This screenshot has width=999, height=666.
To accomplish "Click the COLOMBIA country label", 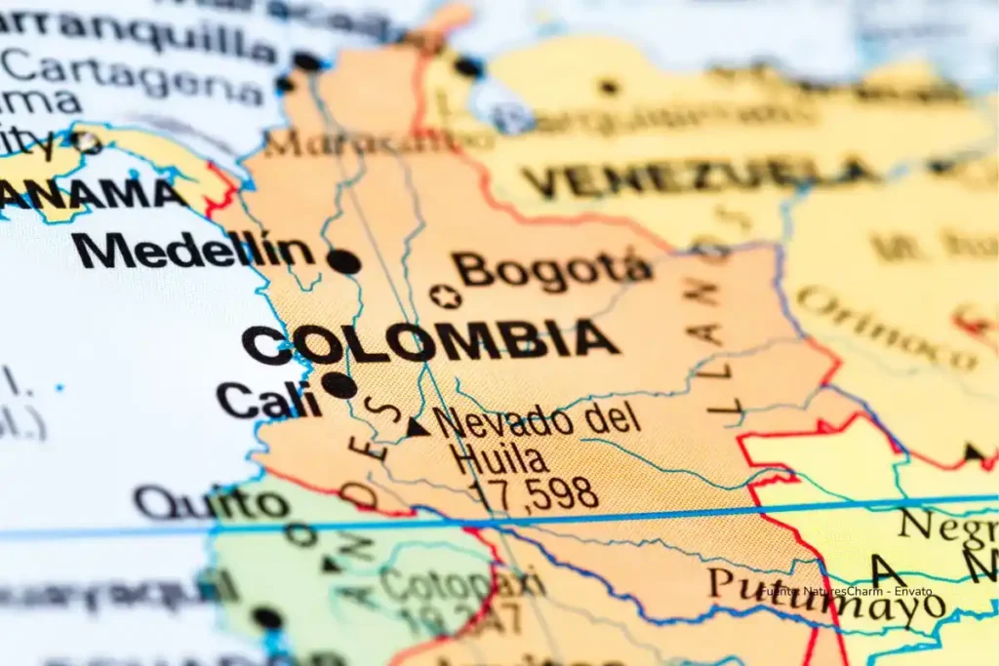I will [430, 342].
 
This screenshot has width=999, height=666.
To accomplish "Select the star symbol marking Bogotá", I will [446, 296].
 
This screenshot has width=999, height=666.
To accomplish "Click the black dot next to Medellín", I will [343, 261].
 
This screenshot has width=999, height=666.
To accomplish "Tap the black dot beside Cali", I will [340, 385].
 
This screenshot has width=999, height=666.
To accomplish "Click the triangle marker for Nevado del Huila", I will [418, 426].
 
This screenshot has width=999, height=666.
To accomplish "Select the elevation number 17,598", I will [533, 494].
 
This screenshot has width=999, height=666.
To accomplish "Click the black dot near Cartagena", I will [284, 84].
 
